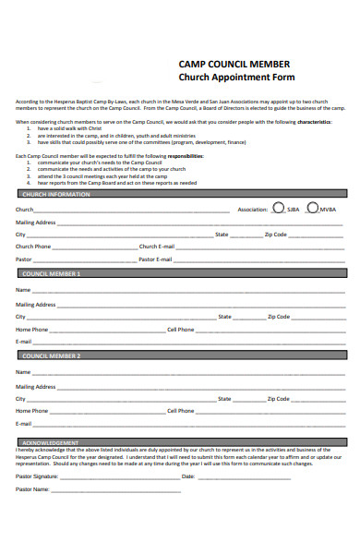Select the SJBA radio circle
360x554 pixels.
[x=279, y=209]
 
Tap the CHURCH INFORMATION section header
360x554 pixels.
[x=55, y=195]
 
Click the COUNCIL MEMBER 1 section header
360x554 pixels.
[x=51, y=274]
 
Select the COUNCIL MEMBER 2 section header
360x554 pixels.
[x=51, y=355]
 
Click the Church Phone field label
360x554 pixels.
[x=33, y=247]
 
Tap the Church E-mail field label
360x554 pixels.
[x=157, y=247]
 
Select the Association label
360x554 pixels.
[x=252, y=211]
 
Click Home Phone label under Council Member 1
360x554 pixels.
[x=31, y=330]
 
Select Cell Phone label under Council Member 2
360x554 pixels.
[x=180, y=411]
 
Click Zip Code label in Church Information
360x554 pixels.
[x=275, y=235]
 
